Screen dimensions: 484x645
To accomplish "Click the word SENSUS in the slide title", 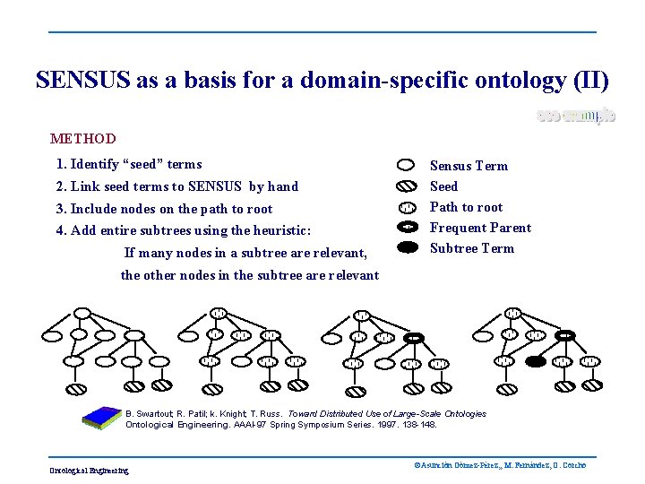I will pos(82,81).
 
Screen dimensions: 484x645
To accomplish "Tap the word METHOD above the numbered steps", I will pos(83,139).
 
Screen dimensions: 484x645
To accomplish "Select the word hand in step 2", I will pos(282,186).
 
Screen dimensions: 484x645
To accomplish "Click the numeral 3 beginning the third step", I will pos(59,209).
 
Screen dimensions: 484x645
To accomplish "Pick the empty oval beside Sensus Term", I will pos(406,166).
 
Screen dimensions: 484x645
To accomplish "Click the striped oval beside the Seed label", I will pos(406,186).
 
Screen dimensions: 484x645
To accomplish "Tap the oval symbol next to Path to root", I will pos(406,207).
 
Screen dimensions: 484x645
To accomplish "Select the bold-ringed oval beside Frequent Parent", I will pos(406,228).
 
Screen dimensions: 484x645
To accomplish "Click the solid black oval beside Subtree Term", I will pos(406,247).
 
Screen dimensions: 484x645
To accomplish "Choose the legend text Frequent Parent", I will pos(480,228).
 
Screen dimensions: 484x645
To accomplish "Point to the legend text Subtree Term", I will pos(472,248).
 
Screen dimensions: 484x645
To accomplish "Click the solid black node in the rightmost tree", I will pos(535,362).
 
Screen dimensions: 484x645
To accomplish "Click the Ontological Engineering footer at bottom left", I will pos(89,471).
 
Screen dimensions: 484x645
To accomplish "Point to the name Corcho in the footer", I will pos(573,465).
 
